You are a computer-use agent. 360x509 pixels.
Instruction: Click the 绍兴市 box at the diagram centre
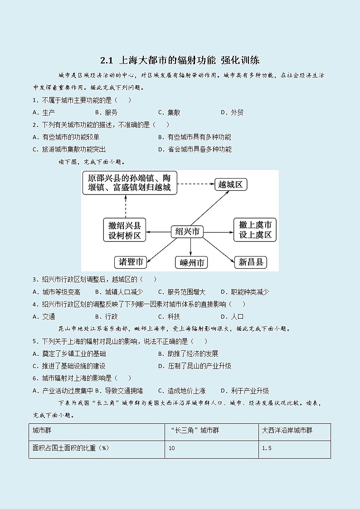coord(187,232)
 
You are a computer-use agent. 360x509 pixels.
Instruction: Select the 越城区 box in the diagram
coord(231,184)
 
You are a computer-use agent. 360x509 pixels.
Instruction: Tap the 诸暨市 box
coord(131,262)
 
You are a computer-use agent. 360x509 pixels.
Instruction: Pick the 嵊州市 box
coord(191,262)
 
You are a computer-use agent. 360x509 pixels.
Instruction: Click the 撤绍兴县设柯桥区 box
coord(125,230)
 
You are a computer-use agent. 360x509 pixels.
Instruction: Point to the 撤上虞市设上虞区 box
coord(255,229)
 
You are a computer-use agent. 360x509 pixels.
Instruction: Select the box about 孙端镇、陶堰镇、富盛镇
coord(130,182)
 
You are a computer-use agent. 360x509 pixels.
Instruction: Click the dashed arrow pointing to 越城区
coord(195,184)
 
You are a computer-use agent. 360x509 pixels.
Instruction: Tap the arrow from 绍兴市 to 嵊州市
coord(190,247)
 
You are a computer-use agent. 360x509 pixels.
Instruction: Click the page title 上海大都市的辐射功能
coord(180,60)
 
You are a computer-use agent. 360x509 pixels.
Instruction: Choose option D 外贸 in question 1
coord(232,112)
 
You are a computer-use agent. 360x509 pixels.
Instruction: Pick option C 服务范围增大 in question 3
coord(182,292)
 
